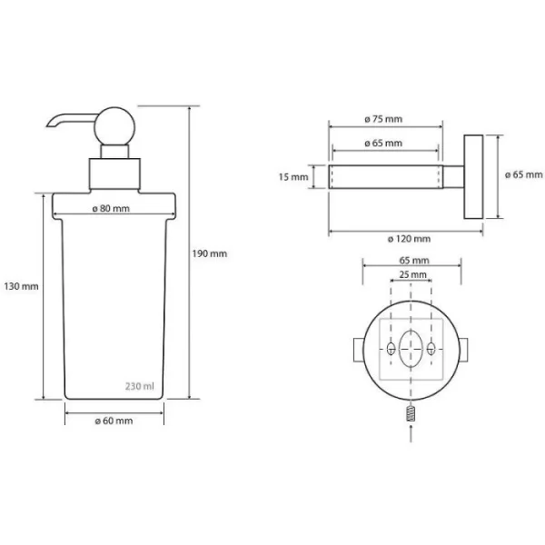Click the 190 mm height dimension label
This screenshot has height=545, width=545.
(210, 253)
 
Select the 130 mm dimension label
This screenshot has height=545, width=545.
(21, 286)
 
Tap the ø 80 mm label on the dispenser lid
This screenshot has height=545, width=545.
(111, 209)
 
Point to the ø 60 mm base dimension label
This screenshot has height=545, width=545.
(114, 421)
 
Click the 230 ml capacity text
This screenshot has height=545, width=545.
(139, 386)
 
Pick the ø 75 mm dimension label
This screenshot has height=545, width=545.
(383, 119)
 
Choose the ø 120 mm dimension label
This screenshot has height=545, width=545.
(409, 239)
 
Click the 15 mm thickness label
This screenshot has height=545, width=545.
(293, 177)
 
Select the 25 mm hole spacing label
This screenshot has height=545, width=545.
(412, 274)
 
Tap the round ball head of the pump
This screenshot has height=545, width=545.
(115, 126)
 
